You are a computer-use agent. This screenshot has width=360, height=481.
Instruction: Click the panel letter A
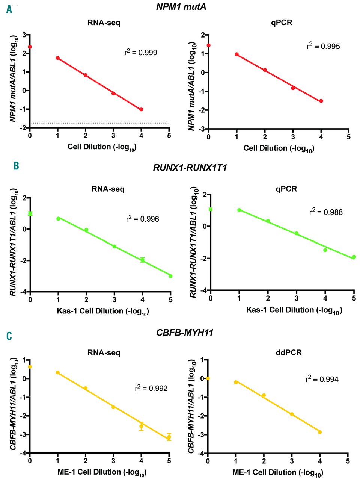tap(9, 9)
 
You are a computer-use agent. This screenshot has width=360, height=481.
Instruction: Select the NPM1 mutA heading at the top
tap(181, 7)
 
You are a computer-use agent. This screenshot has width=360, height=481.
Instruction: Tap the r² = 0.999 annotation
tap(141, 52)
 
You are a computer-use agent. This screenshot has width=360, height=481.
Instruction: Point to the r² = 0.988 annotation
tap(326, 212)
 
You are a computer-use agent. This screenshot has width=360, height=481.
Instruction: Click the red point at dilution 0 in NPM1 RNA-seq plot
tap(30, 47)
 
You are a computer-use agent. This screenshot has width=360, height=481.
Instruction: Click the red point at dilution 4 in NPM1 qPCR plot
tap(321, 101)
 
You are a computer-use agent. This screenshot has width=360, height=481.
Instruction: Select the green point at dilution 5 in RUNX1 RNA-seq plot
tap(170, 276)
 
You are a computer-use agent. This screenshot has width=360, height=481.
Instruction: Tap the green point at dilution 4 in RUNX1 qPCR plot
tap(325, 250)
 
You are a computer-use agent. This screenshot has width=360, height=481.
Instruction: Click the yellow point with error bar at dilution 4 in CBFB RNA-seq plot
tap(142, 426)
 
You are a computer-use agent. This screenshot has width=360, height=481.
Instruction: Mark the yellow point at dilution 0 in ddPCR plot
tap(208, 378)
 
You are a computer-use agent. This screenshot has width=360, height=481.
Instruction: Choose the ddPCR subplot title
tap(289, 352)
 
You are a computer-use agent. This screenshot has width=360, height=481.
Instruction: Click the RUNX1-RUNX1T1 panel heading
tap(190, 168)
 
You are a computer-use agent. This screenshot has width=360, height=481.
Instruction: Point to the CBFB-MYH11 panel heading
tap(185, 333)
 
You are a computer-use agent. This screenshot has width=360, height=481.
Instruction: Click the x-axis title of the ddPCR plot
tap(278, 472)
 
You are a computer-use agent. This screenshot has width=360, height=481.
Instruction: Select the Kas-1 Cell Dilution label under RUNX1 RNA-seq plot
tap(102, 311)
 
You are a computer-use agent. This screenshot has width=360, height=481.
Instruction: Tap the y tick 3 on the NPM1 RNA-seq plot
tap(24, 35)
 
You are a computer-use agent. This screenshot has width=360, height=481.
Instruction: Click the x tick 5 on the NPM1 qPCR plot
tap(349, 137)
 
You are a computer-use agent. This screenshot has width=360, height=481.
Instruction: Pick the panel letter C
tap(9, 336)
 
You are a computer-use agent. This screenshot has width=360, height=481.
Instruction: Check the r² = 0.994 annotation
tap(322, 379)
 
